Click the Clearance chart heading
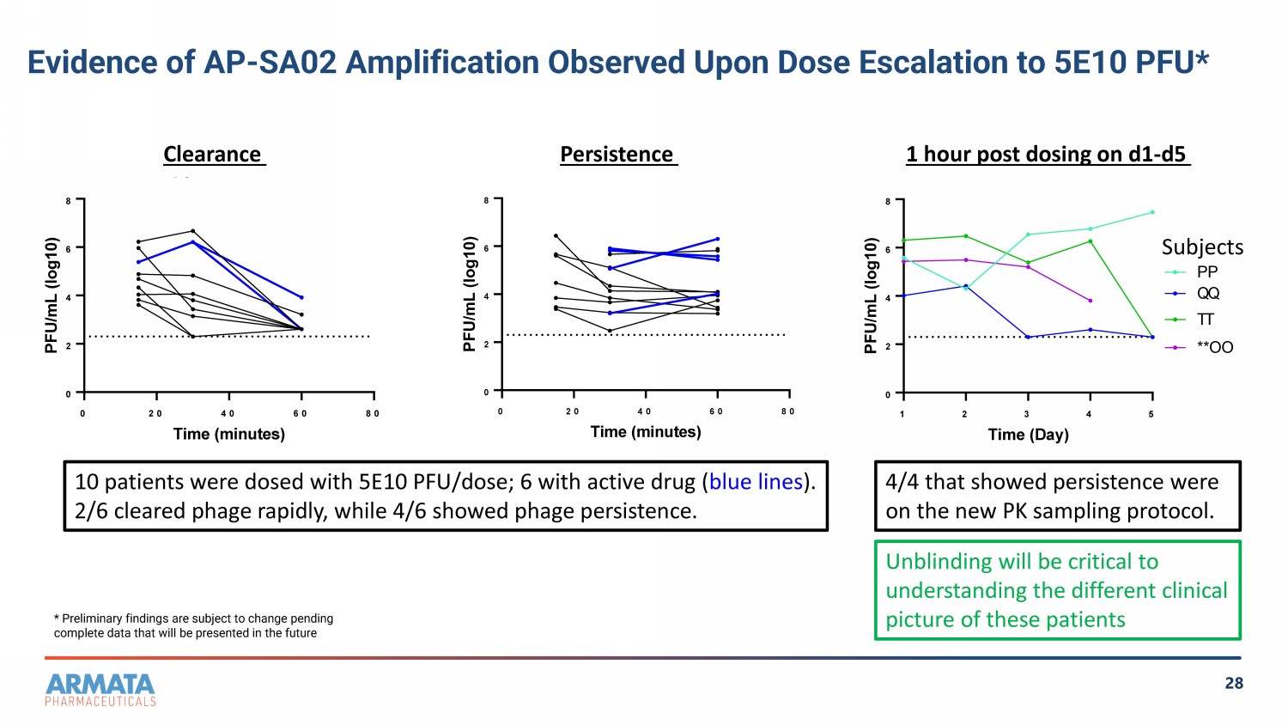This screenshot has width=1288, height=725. click(212, 155)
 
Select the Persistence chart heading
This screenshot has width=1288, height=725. click(617, 155)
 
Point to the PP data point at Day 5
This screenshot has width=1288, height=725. click(1152, 212)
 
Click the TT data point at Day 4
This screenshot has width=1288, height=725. click(1091, 241)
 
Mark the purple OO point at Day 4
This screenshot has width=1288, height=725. click(1091, 301)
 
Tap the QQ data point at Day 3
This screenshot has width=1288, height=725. click(1028, 338)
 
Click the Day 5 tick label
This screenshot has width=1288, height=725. click(1151, 414)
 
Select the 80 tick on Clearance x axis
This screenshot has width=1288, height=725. click(373, 413)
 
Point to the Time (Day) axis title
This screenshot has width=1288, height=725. click(1028, 435)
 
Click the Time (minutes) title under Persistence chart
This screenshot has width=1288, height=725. click(646, 432)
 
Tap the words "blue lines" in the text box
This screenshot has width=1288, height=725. click(756, 482)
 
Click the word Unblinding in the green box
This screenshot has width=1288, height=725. click(936, 562)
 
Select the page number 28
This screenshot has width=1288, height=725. click(1234, 683)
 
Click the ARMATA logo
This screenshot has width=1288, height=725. click(100, 690)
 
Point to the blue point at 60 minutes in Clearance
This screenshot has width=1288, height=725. click(301, 297)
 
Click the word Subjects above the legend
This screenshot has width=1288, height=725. click(1202, 247)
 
